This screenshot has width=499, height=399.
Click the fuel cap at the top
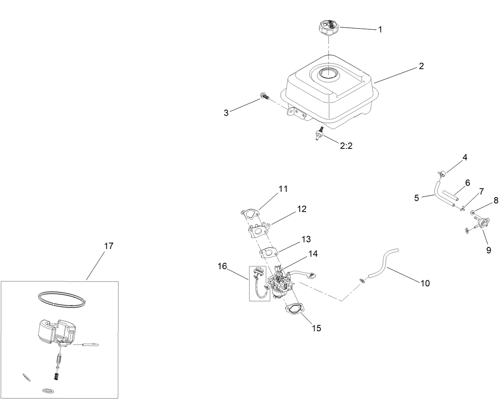[328, 28]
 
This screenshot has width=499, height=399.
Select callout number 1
[380, 29]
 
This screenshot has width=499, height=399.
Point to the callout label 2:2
[346, 146]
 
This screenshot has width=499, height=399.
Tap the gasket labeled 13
[268, 252]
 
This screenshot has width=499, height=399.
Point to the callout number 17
[109, 246]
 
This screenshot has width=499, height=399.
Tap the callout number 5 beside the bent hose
[416, 198]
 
